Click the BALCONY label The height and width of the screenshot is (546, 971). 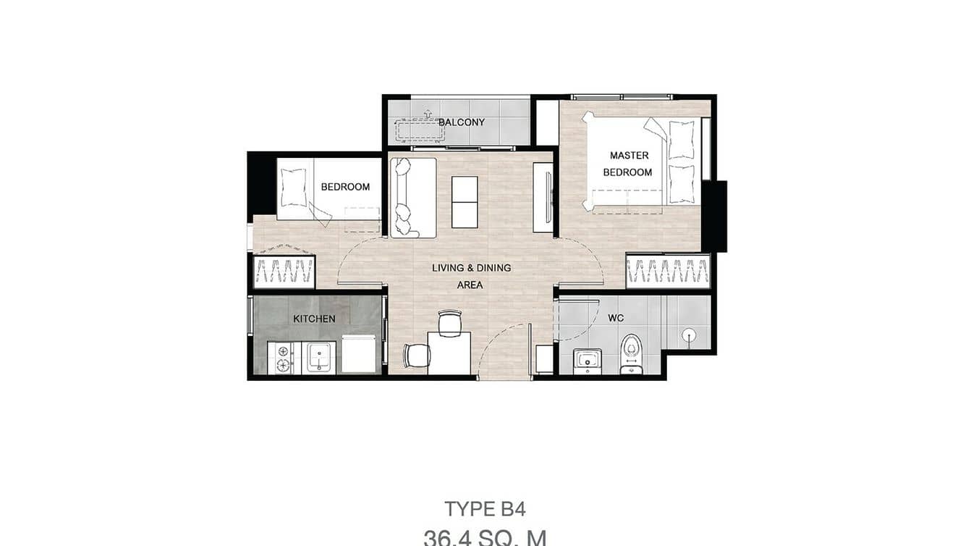[462, 122]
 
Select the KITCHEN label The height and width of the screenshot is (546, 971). [314, 319]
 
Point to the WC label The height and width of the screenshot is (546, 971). [616, 318]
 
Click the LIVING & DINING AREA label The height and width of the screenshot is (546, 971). [471, 276]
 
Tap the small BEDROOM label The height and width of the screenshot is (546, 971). [345, 187]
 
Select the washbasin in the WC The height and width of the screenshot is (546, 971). [587, 360]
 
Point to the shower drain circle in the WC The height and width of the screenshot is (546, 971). [690, 335]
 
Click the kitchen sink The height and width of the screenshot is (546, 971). [318, 356]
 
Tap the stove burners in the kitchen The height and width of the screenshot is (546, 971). [279, 358]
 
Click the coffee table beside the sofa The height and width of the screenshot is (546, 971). [465, 202]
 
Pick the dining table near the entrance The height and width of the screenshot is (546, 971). [449, 352]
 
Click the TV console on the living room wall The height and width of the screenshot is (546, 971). [543, 198]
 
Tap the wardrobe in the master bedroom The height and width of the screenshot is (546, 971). [667, 272]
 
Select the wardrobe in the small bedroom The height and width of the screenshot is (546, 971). [284, 272]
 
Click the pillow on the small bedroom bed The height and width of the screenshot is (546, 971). [294, 188]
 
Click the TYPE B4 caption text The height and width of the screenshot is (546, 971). [485, 509]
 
